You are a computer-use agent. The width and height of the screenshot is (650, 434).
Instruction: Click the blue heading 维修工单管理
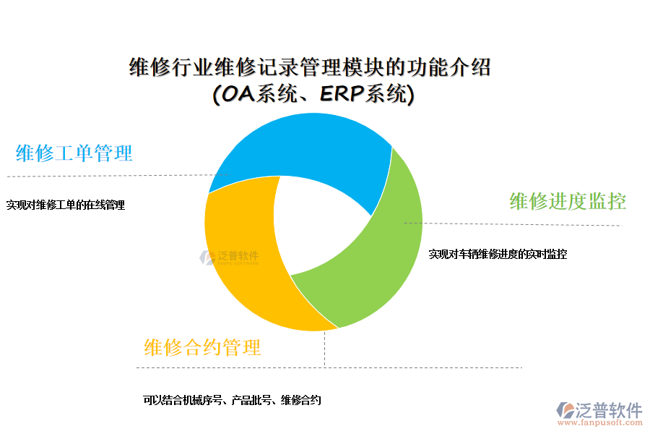[74, 153]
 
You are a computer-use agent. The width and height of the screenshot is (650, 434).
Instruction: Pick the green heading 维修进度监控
[568, 201]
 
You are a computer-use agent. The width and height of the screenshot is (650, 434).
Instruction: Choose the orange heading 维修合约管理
[202, 347]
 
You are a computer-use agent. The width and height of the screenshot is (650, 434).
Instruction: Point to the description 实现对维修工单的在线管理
[66, 205]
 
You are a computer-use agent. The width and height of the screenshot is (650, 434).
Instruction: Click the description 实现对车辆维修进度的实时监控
[498, 254]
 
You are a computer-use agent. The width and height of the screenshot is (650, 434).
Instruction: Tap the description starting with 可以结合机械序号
[232, 400]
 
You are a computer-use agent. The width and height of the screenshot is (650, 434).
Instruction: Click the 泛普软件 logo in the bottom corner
[599, 410]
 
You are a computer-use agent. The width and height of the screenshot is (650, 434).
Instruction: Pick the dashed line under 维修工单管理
[108, 176]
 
